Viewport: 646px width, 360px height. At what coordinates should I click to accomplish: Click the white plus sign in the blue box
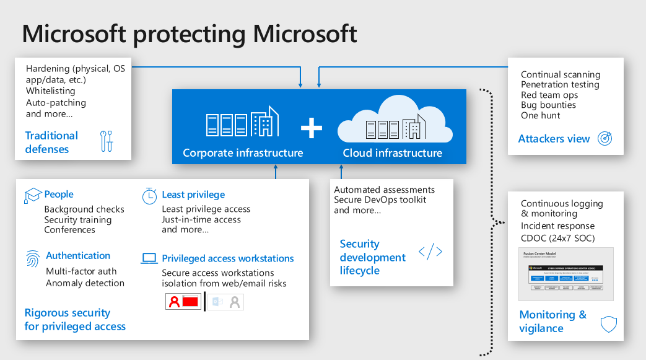312,128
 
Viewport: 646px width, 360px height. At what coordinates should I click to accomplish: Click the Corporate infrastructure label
243,152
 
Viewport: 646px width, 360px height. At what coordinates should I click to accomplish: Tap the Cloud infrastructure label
393,152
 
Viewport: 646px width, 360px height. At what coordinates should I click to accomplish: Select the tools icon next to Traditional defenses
107,141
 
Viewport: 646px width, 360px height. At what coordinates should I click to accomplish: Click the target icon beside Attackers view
605,139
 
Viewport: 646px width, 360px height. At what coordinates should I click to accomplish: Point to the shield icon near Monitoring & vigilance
608,323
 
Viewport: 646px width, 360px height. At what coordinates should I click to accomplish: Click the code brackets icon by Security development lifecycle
430,252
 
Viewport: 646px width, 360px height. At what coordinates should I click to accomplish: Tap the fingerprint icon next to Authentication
32,258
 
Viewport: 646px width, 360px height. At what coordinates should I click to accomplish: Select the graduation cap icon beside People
32,196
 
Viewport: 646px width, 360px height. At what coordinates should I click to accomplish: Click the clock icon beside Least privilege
149,196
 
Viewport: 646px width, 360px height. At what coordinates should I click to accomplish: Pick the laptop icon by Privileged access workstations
149,258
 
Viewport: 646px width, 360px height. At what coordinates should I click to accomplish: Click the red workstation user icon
183,302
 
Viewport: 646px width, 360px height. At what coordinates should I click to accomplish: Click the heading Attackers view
554,139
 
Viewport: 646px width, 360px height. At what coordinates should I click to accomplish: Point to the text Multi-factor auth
81,271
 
